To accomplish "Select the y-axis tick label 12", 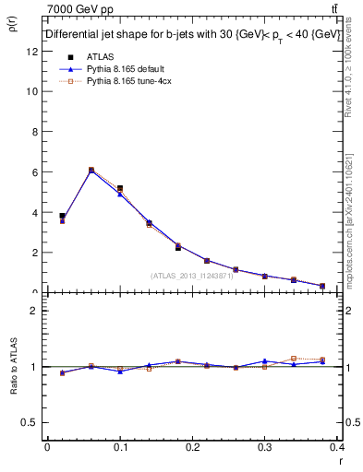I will [x=32, y=52].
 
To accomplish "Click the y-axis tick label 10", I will [x=32, y=92].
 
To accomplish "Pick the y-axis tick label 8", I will [x=35, y=132].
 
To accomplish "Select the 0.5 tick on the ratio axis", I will [x=31, y=423].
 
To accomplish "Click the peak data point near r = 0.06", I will [x=91, y=170].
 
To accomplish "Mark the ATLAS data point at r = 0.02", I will [x=62, y=216].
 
